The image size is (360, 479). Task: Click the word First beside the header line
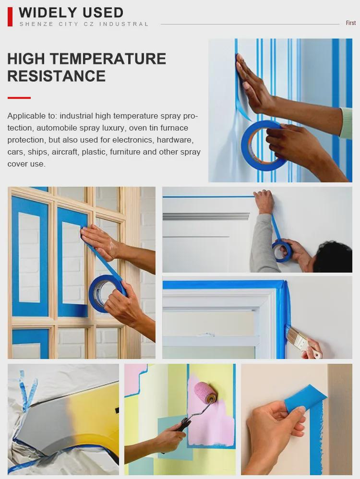pyautogui.click(x=351, y=23)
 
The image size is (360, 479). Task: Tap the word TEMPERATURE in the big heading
pyautogui.click(x=108, y=59)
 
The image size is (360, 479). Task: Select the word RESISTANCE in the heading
pyautogui.click(x=56, y=76)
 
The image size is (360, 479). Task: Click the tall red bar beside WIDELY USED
pyautogui.click(x=10, y=16)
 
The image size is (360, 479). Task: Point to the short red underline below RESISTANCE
pyautogui.click(x=19, y=98)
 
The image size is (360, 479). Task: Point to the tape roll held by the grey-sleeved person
pyautogui.click(x=282, y=251)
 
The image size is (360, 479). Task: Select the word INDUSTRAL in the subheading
pyautogui.click(x=124, y=24)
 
